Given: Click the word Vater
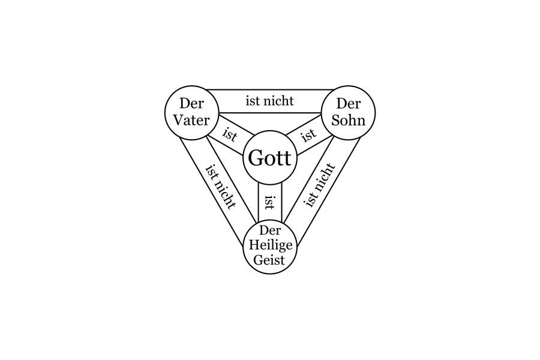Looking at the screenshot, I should [x=191, y=120].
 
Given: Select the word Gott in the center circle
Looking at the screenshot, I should [x=269, y=160].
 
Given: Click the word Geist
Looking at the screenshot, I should [x=270, y=260].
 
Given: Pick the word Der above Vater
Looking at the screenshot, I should [x=191, y=104].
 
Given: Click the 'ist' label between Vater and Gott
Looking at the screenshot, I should [x=230, y=134].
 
